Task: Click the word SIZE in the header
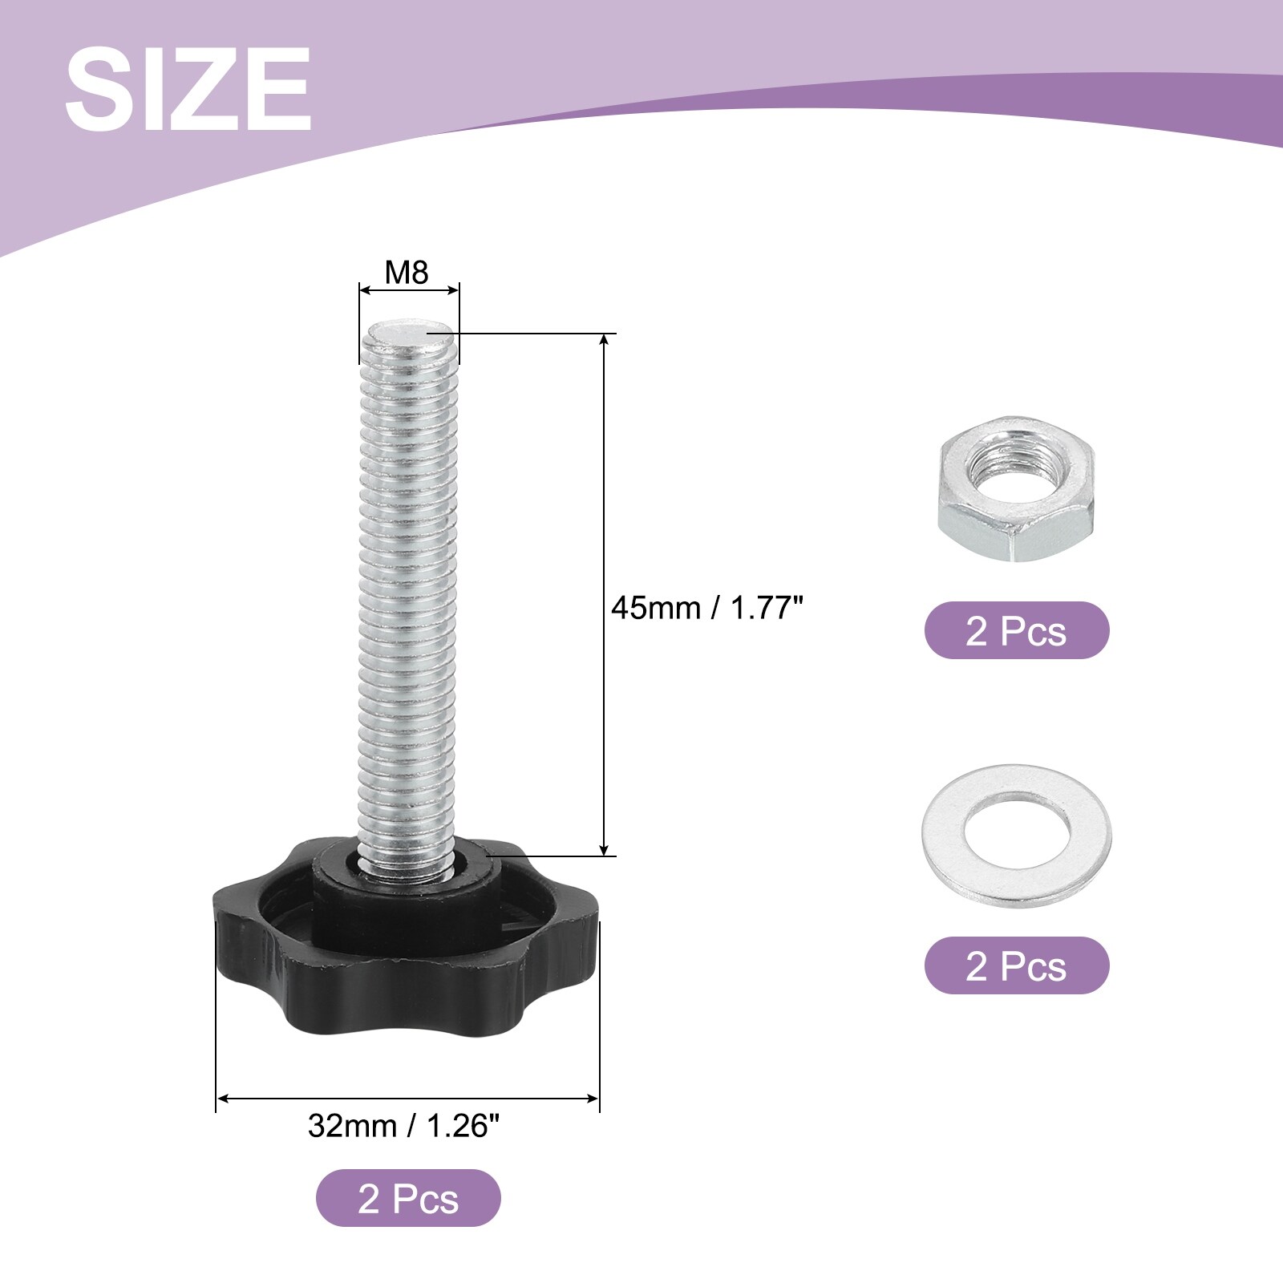click(x=188, y=88)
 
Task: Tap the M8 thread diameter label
click(x=407, y=273)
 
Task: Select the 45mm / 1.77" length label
click(x=706, y=608)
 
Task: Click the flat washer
click(x=1017, y=836)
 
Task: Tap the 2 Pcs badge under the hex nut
click(x=1017, y=630)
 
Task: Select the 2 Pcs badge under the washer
click(x=1017, y=965)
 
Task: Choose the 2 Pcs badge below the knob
click(x=408, y=1198)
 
